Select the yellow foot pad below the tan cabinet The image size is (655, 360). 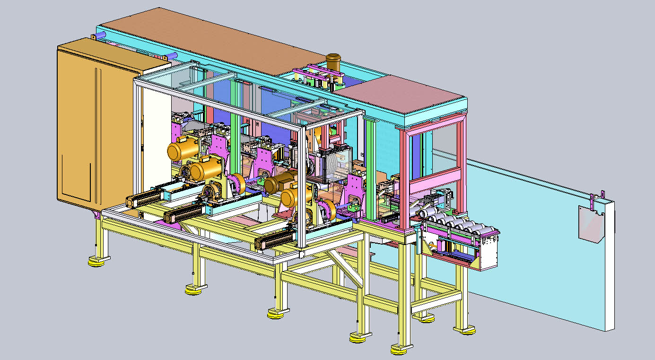tap(97, 261)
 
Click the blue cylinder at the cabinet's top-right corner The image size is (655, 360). tap(172, 56)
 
